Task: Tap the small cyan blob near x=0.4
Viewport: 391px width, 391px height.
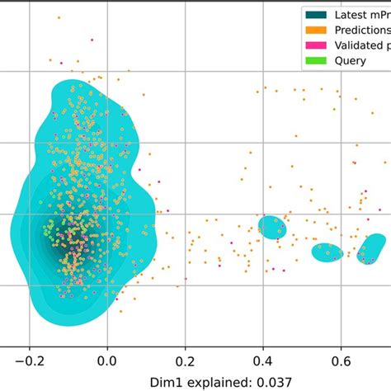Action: point(271,227)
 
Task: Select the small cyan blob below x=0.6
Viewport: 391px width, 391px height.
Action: point(327,252)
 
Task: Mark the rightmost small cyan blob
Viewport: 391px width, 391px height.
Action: point(372,247)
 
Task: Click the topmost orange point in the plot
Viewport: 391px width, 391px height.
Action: point(59,17)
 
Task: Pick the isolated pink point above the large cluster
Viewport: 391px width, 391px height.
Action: point(92,39)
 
